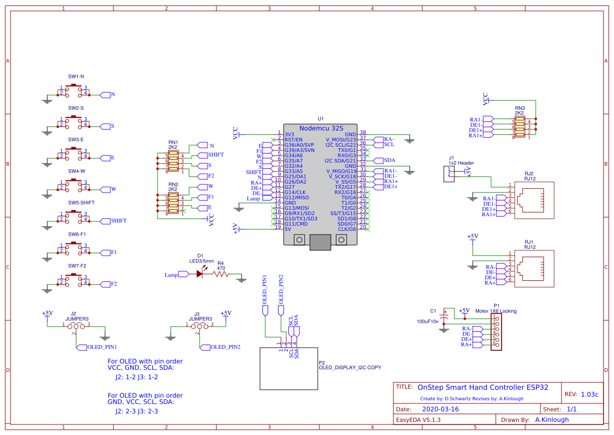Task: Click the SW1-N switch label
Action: coord(76,76)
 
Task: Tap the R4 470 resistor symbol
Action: coord(221,274)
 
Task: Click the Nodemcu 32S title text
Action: coord(321,128)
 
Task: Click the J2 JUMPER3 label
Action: coord(77,316)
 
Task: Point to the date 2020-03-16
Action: coord(440,409)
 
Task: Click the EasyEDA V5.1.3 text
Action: coord(418,420)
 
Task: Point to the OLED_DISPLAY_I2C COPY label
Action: coord(349,367)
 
